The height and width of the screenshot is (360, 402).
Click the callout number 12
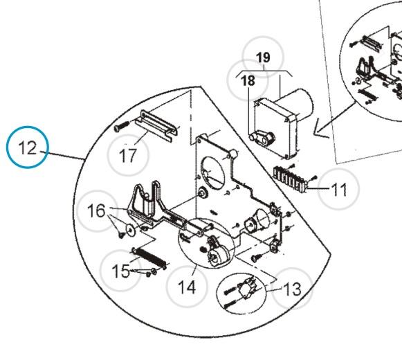(x=28, y=147)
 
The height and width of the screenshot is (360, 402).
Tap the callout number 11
(x=339, y=190)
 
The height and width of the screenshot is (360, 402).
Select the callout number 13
(x=292, y=289)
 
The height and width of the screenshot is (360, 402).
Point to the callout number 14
(x=187, y=287)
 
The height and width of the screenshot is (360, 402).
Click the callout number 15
(x=120, y=271)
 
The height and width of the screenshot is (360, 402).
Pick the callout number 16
(x=96, y=210)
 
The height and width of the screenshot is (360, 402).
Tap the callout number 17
(x=128, y=155)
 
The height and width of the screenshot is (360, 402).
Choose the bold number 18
(x=248, y=80)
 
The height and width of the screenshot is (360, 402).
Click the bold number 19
(x=264, y=57)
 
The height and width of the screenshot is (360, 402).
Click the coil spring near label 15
(x=150, y=258)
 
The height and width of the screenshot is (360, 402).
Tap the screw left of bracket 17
(x=122, y=126)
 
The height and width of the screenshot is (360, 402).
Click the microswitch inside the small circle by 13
(x=247, y=287)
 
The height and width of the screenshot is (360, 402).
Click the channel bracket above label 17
(x=157, y=125)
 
